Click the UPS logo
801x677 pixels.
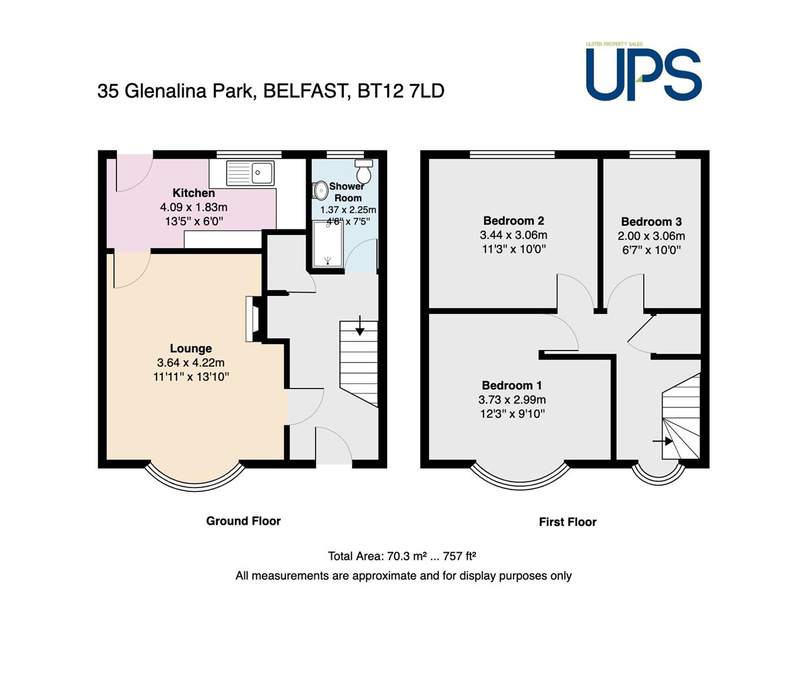click(643, 72)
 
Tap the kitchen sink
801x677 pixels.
click(250, 173)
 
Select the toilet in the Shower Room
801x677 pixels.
click(364, 171)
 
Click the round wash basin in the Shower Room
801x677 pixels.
click(320, 191)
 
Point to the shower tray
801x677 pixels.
click(328, 244)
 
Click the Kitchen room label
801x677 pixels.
click(194, 193)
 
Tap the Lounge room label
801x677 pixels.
click(191, 349)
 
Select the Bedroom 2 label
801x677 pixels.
click(514, 221)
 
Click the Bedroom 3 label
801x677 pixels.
click(651, 221)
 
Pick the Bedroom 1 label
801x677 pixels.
click(512, 385)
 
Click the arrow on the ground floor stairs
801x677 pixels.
click(360, 325)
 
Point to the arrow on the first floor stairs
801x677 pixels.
click(663, 441)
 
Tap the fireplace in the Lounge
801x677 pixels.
click(254, 318)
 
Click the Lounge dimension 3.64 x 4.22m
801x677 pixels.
click(191, 362)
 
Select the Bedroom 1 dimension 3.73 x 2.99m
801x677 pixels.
click(512, 400)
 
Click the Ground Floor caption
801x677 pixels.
click(244, 521)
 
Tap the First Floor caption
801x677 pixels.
click(568, 522)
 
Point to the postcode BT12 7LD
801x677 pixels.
click(401, 92)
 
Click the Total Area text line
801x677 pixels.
click(402, 556)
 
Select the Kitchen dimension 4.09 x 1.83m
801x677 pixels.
click(194, 207)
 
